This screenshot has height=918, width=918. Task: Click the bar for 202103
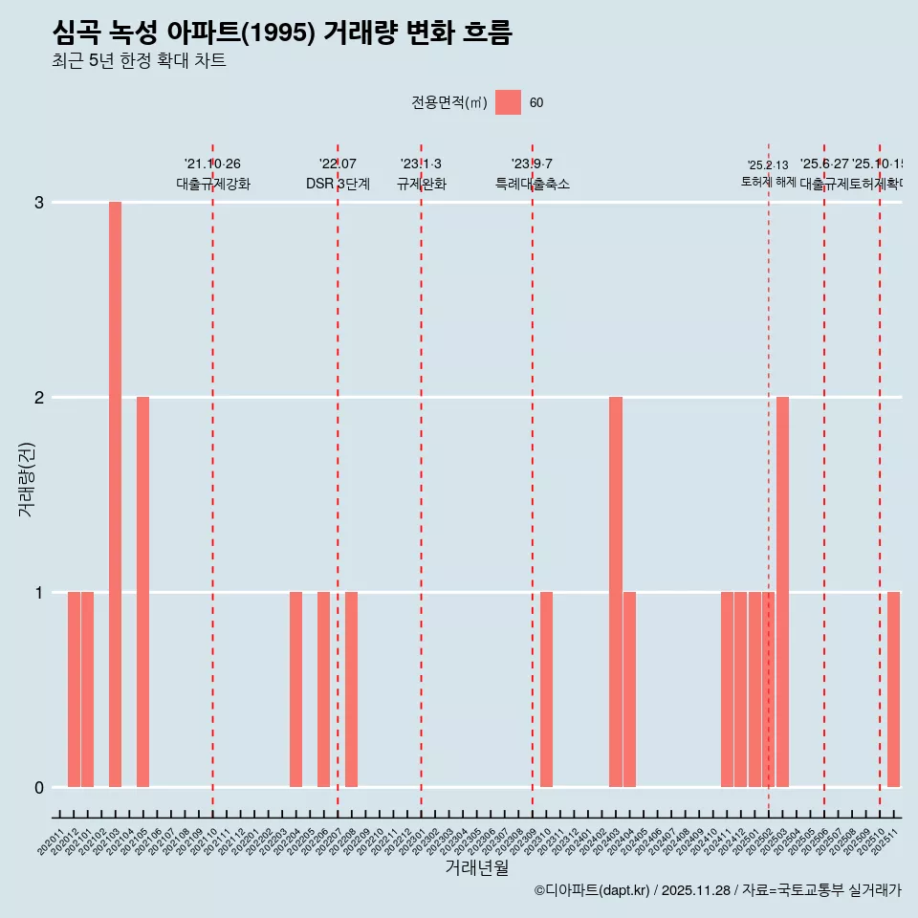[x=115, y=494]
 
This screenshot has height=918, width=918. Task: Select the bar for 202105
[x=142, y=592]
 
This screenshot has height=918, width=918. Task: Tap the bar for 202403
[x=616, y=592]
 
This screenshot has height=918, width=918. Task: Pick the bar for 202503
[x=782, y=592]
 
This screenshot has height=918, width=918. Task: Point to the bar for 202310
[x=546, y=689]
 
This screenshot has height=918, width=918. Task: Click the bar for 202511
[x=893, y=689]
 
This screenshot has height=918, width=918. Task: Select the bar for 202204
[x=295, y=689]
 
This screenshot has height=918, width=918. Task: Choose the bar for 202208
[x=351, y=689]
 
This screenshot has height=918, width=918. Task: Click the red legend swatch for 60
[x=508, y=102]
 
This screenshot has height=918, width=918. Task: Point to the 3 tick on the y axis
[x=39, y=203]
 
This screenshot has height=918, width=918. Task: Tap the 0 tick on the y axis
[x=39, y=788]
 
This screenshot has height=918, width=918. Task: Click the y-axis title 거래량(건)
[x=27, y=478]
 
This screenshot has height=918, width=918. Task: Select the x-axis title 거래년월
[x=476, y=867]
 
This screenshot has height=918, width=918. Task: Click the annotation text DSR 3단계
[x=338, y=184]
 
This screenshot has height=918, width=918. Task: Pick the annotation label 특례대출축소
[x=532, y=184]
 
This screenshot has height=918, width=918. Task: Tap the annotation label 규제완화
[x=421, y=184]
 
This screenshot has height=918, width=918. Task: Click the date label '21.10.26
[x=212, y=164]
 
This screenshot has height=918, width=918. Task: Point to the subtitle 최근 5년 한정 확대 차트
[x=140, y=61]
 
